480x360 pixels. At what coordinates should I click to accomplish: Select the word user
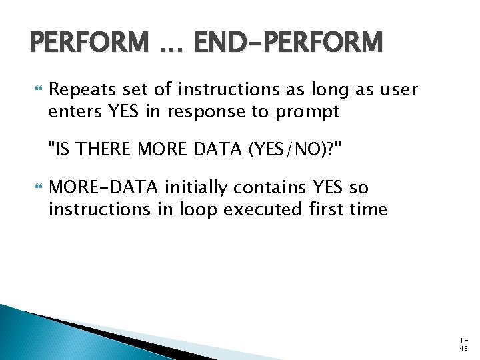click(x=398, y=89)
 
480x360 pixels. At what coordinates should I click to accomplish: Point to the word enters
click(x=73, y=111)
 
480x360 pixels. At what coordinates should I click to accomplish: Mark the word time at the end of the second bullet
click(x=371, y=209)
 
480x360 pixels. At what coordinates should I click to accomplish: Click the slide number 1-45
click(x=463, y=343)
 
